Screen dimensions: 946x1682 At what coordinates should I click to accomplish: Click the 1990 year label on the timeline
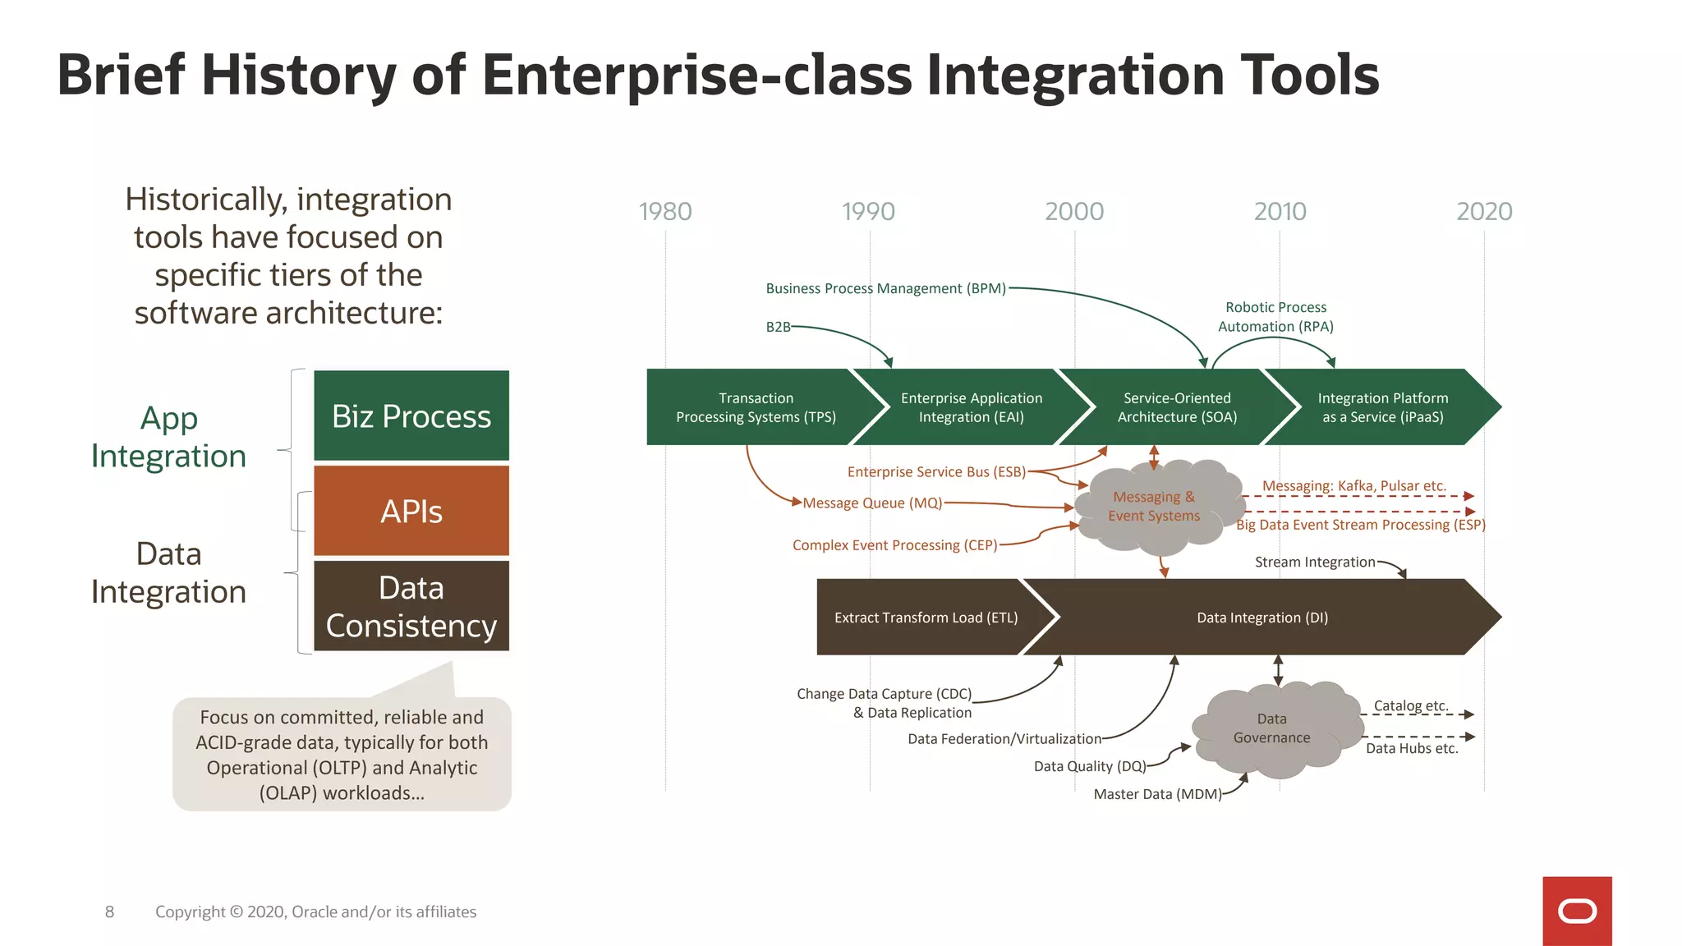868,212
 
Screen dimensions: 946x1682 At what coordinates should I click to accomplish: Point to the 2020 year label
1484,212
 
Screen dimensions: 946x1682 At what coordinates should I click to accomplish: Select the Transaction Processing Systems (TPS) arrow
756,407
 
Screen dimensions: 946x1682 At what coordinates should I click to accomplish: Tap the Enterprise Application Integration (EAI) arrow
971,407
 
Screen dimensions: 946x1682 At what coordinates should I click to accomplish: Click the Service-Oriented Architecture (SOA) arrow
1176,407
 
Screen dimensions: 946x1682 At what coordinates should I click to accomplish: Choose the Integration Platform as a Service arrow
1383,407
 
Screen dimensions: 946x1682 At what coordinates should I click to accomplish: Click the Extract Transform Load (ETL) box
926,618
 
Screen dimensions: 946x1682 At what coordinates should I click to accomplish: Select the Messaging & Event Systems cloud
1154,507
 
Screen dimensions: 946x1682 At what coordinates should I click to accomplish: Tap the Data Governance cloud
1271,728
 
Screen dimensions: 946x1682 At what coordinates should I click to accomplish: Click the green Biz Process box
411,416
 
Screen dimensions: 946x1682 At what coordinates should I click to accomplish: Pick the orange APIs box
411,511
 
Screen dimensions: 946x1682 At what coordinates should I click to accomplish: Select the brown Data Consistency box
411,606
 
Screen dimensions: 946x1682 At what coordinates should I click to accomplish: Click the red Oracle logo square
1577,911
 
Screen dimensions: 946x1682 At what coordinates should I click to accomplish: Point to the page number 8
109,912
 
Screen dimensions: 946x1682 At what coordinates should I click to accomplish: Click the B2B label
778,327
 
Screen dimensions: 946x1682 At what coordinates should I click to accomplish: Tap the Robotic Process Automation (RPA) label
1275,317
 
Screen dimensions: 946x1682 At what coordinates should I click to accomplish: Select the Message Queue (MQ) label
872,503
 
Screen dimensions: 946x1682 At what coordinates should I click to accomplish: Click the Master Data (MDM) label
1157,794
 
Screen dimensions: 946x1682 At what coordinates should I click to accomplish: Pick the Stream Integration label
1314,562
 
